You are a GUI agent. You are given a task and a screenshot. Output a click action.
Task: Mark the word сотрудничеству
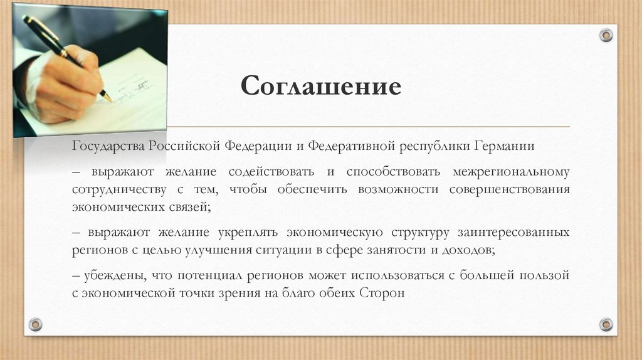tap(119, 189)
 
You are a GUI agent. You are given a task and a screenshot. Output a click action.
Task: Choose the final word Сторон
tap(382, 293)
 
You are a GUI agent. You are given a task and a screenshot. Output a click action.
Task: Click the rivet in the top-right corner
tap(606, 35)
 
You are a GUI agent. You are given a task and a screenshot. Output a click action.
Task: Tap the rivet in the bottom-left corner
tap(36, 324)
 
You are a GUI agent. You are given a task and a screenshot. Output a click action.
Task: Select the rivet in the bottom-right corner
tap(606, 324)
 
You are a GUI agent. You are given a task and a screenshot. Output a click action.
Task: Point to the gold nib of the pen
tap(106, 96)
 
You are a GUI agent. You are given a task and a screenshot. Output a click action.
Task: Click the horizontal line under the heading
tap(376, 127)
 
